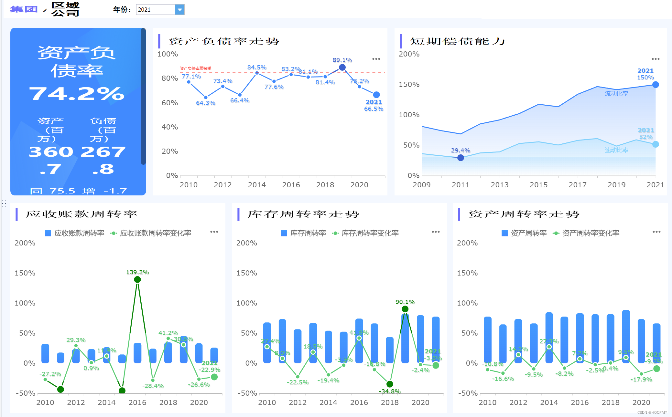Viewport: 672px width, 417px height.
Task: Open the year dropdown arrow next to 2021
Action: click(179, 10)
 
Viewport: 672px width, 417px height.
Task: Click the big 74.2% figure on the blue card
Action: click(77, 94)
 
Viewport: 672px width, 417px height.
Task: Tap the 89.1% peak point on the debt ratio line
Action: click(342, 68)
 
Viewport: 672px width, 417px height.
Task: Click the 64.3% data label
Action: click(205, 103)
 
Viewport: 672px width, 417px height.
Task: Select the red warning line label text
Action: click(195, 68)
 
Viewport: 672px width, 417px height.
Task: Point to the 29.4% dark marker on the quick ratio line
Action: click(461, 158)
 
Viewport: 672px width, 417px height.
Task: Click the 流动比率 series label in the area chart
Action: click(616, 94)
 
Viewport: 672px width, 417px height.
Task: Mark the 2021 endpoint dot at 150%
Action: click(656, 85)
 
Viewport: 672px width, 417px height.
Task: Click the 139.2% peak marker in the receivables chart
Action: click(137, 279)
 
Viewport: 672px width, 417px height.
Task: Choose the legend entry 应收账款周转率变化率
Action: click(155, 233)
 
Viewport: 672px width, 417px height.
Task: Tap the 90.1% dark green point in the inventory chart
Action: click(405, 309)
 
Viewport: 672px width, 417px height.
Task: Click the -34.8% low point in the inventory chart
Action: click(390, 384)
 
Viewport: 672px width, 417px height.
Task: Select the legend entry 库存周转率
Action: click(308, 233)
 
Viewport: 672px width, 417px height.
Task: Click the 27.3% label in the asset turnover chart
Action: click(549, 341)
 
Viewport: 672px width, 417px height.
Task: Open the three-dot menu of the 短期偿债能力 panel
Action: click(656, 59)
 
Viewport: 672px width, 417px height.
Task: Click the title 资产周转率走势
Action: click(524, 214)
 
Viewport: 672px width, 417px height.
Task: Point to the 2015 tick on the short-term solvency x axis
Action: click(538, 185)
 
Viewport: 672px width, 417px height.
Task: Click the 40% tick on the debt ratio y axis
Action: click(170, 127)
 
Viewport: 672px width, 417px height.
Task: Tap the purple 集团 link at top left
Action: click(24, 9)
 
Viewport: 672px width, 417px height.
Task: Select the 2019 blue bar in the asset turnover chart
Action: click(626, 336)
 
